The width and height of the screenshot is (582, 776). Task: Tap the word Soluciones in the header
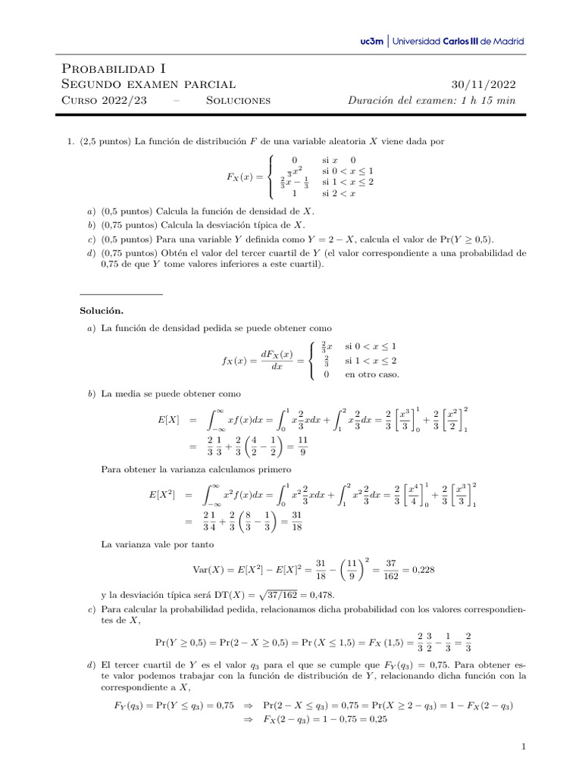click(238, 100)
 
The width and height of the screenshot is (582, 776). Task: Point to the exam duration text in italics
click(430, 100)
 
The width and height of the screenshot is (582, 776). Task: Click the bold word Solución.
click(102, 311)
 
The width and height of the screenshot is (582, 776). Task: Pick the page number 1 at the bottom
click(523, 747)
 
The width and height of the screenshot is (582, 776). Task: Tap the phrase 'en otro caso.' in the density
click(372, 374)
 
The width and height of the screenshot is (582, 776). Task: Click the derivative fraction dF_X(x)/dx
click(276, 361)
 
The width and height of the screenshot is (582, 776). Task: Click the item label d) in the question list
click(91, 253)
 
